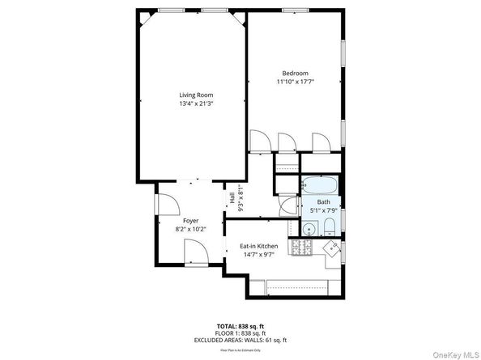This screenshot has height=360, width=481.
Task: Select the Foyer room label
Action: click(x=191, y=220)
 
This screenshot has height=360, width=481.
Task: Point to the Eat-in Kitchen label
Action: click(x=258, y=246)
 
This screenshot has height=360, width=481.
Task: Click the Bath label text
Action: click(x=323, y=201)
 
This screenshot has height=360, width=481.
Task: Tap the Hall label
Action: click(x=232, y=197)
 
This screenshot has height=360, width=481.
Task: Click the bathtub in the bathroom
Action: click(x=321, y=183)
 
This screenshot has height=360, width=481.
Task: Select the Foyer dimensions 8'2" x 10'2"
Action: click(x=191, y=229)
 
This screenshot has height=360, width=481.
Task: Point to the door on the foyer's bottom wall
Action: click(x=197, y=257)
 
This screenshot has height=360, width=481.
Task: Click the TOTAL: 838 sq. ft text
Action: click(x=240, y=324)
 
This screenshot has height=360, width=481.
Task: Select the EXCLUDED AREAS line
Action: click(x=240, y=340)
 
